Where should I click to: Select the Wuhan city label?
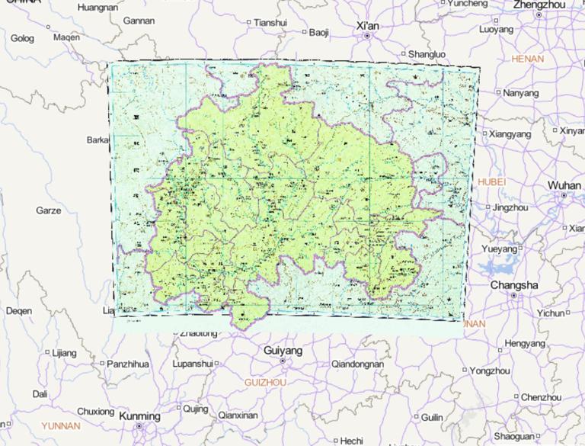(564, 185)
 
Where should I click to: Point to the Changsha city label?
(513, 284)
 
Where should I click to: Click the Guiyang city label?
(282, 351)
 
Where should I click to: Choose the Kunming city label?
(139, 416)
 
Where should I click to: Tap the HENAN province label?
(528, 59)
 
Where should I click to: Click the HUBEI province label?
(491, 181)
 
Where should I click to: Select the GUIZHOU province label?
(265, 381)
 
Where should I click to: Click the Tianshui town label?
(270, 23)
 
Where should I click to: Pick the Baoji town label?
(318, 32)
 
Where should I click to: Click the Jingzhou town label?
(510, 207)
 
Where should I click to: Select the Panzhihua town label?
(127, 364)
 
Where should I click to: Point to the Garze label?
(48, 210)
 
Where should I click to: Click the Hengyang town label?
(525, 344)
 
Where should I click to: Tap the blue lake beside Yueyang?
(497, 266)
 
